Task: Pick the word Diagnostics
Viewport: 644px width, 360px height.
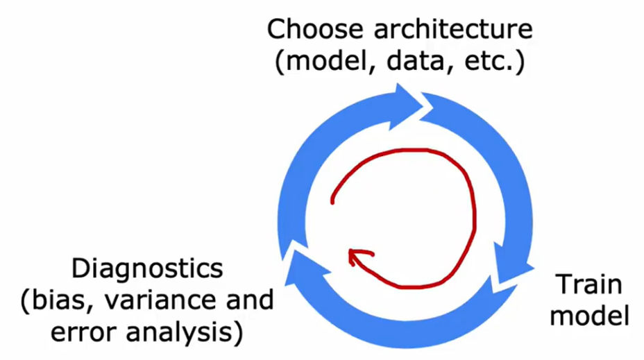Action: (147, 268)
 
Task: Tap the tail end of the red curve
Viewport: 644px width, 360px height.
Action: (333, 201)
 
